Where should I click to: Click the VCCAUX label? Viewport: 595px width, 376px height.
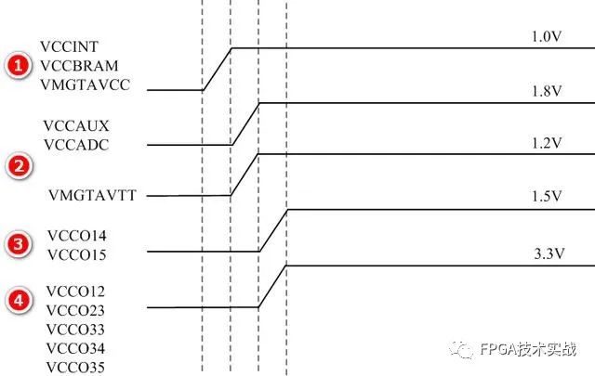point(71,124)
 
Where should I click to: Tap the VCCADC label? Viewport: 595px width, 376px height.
point(72,144)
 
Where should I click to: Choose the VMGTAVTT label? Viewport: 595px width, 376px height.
point(86,196)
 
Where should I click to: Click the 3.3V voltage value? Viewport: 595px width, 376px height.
point(547,253)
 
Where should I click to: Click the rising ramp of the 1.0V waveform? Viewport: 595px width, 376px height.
point(217,69)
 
